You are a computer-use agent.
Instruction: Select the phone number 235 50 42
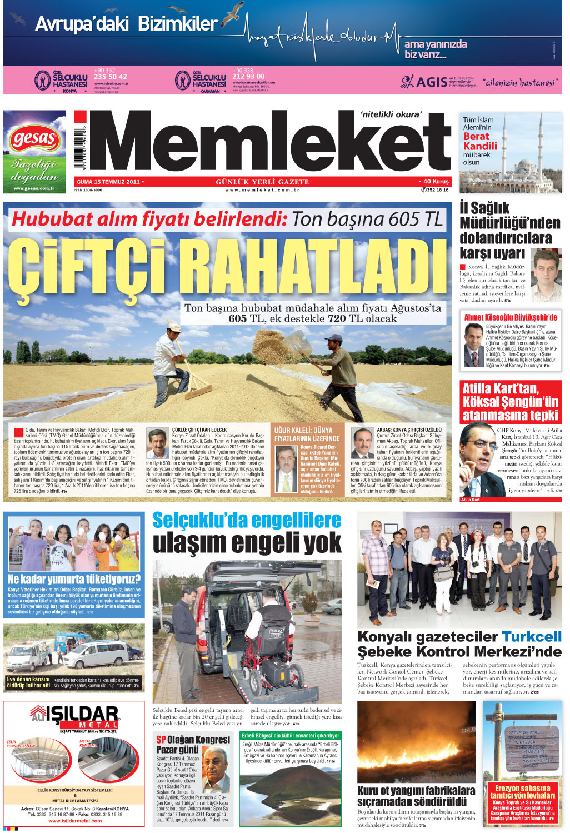111,77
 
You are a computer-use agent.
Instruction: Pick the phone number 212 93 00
248,77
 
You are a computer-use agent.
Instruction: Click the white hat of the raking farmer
174,328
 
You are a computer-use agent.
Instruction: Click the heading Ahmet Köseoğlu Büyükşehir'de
510,317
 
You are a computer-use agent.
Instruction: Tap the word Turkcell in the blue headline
531,637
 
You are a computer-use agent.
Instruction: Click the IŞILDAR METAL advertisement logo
74,717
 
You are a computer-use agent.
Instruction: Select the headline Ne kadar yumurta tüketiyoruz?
74,579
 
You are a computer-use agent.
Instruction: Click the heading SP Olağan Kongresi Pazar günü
192,745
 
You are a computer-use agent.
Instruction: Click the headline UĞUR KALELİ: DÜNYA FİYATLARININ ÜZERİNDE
307,435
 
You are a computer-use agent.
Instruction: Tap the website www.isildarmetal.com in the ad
75,820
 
